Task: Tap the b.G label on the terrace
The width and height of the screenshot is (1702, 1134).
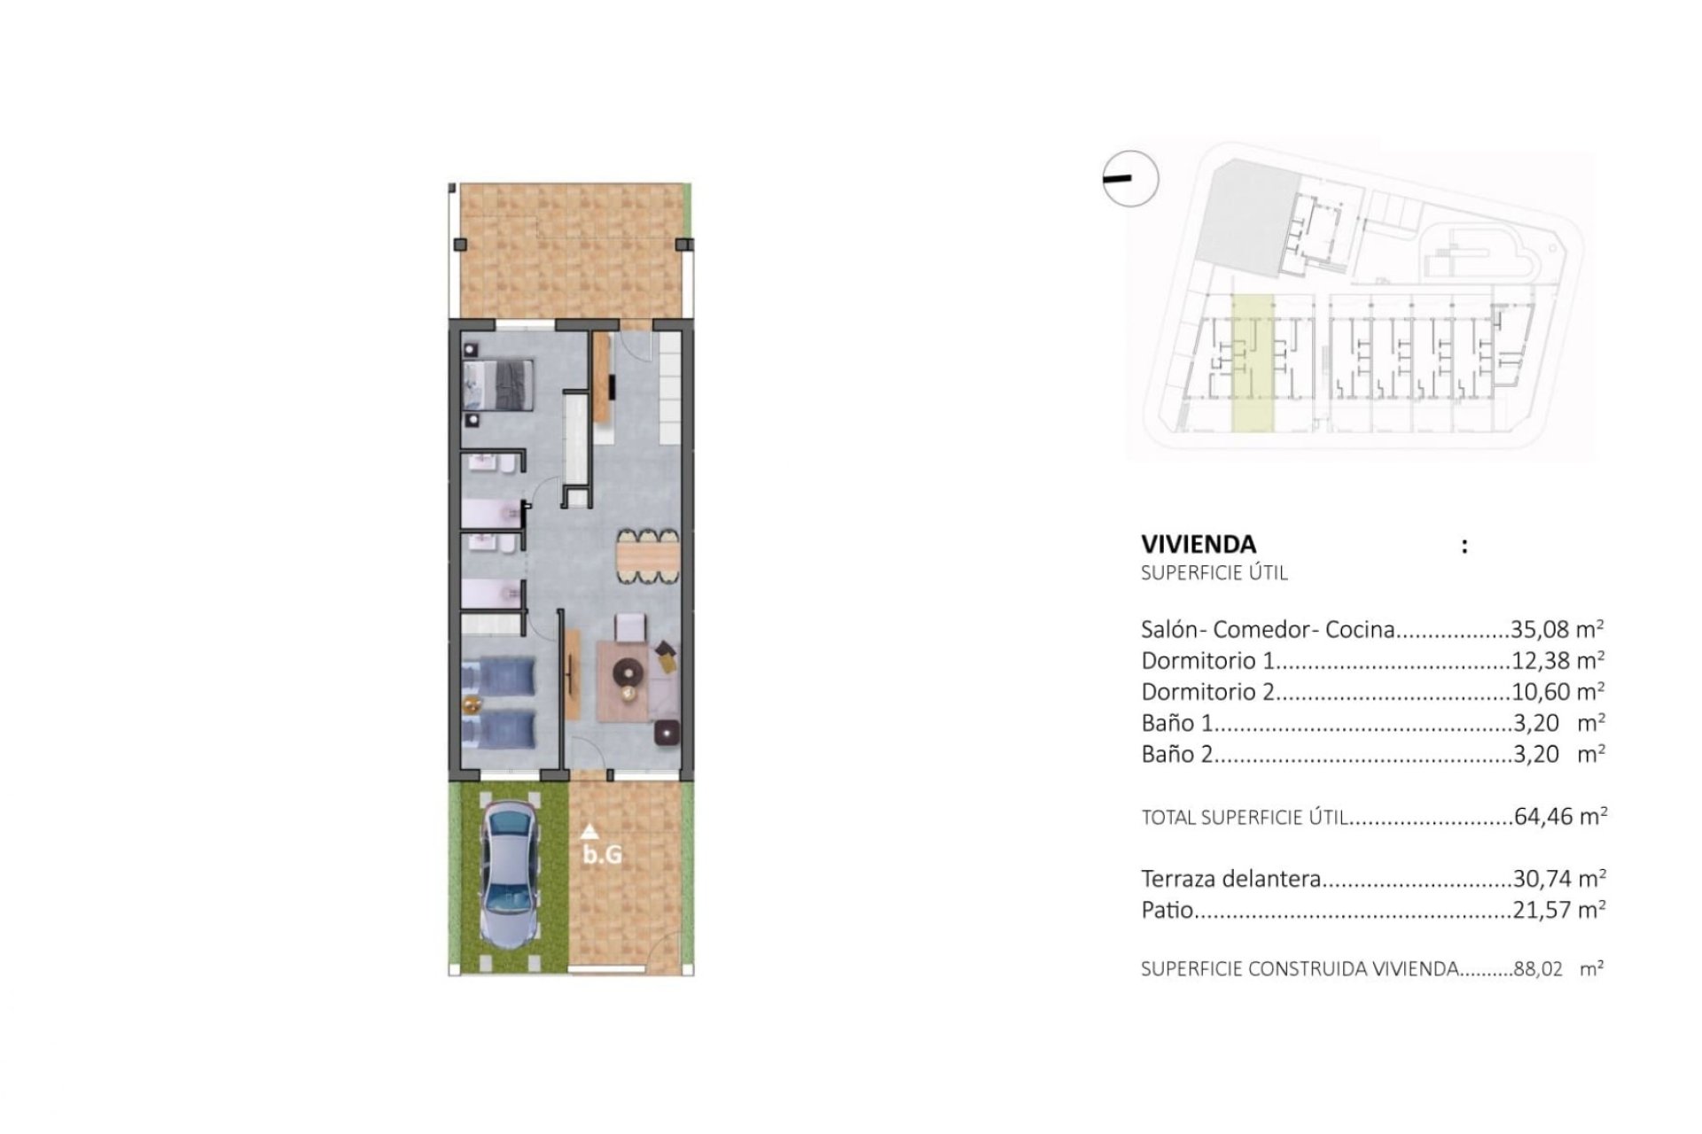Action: (602, 855)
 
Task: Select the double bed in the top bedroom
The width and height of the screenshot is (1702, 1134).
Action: (498, 384)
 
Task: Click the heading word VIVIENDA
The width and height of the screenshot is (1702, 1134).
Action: (1198, 544)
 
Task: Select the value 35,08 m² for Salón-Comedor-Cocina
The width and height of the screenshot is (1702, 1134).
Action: (1557, 629)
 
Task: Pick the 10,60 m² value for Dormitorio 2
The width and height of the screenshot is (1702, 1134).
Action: (1557, 691)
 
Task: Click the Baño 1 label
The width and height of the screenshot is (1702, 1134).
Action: (1176, 723)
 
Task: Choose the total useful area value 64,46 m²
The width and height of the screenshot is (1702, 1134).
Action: (1559, 816)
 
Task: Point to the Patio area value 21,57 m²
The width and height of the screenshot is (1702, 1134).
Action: (1558, 910)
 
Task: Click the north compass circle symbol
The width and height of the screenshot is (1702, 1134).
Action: (1131, 179)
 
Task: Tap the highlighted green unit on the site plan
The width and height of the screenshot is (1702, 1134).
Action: (1253, 363)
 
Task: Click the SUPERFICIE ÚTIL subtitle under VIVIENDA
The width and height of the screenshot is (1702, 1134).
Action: (1214, 572)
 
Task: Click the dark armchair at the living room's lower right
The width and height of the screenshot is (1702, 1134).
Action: (668, 733)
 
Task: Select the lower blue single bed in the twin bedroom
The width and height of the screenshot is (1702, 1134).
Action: (498, 729)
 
